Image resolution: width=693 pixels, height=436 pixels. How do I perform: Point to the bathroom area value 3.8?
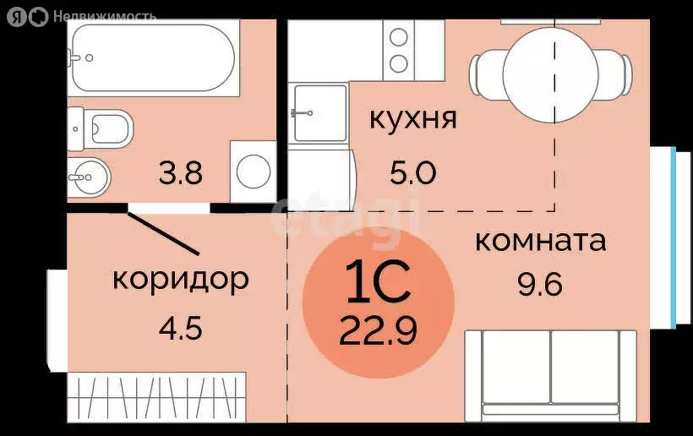click(x=180, y=174)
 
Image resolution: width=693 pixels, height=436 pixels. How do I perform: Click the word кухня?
click(x=413, y=118)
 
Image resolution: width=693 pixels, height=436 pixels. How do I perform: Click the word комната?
click(x=540, y=241)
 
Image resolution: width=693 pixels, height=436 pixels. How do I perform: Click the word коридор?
click(x=181, y=278)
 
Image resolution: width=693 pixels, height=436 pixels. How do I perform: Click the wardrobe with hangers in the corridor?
click(x=156, y=397)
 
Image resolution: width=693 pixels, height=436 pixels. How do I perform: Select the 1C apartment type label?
click(x=378, y=284)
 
